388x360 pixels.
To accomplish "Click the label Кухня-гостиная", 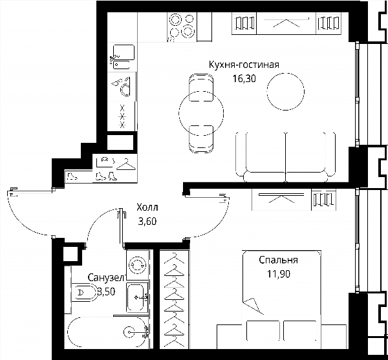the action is coord(244,65).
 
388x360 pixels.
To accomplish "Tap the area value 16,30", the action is coord(244,79).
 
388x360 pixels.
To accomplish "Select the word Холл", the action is coord(147,207).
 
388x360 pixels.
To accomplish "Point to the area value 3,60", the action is coord(147,221).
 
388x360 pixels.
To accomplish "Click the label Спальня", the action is coord(278,260).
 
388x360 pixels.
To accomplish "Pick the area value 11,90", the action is coord(278,274).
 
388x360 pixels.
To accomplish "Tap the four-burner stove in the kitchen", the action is coord(182,27).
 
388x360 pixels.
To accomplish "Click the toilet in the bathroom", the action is coord(84,293).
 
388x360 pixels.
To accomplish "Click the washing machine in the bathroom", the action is coord(138,265).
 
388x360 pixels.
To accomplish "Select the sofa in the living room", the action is coord(286,157).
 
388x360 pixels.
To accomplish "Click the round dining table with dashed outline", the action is coord(201,113).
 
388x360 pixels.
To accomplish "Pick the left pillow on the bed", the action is coord(263,331).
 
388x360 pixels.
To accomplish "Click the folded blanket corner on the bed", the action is coord(253,306).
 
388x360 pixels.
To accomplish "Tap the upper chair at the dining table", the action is coord(201,87).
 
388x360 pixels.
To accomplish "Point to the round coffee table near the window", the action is coord(286,92).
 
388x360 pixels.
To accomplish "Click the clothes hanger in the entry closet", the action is coord(126,164).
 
